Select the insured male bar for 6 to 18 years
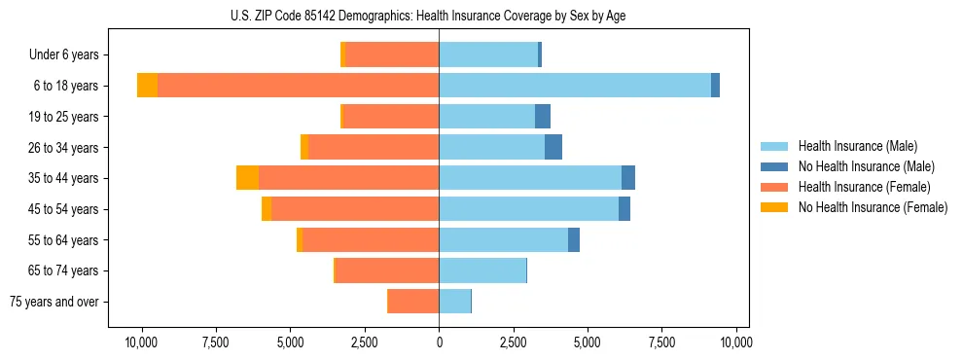(x=574, y=86)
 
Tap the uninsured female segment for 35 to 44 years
(x=247, y=178)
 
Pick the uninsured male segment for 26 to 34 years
(x=553, y=147)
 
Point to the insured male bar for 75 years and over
(x=454, y=302)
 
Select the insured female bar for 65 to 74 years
(x=387, y=270)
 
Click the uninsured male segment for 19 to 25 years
(x=543, y=117)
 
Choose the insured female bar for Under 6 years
(x=392, y=54)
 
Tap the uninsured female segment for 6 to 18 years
(x=147, y=86)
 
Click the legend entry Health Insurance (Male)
(x=857, y=146)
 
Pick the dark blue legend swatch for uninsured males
(x=774, y=166)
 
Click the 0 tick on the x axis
(x=439, y=342)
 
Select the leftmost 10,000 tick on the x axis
(x=142, y=342)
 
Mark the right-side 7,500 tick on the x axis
(x=661, y=342)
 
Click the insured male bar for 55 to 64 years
(x=503, y=239)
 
